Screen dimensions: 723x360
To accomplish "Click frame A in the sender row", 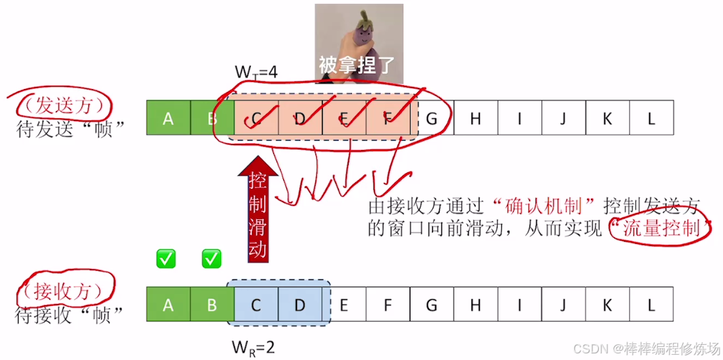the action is click(168, 118).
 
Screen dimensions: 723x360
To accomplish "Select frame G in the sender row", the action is click(432, 118).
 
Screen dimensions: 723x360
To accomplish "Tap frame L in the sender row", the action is click(651, 118).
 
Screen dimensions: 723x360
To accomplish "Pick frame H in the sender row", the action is click(475, 118).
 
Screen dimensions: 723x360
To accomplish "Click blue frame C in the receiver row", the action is click(256, 305).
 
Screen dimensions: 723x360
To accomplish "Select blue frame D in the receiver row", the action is click(300, 305).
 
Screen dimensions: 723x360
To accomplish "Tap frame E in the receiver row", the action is click(343, 305).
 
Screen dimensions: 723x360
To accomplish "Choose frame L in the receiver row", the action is click(651, 305).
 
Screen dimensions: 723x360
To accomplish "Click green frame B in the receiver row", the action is click(212, 305).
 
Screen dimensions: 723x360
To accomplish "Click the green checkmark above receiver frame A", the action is click(166, 259).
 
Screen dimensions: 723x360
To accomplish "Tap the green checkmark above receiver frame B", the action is click(211, 259).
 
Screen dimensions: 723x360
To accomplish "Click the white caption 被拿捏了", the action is click(357, 65).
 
